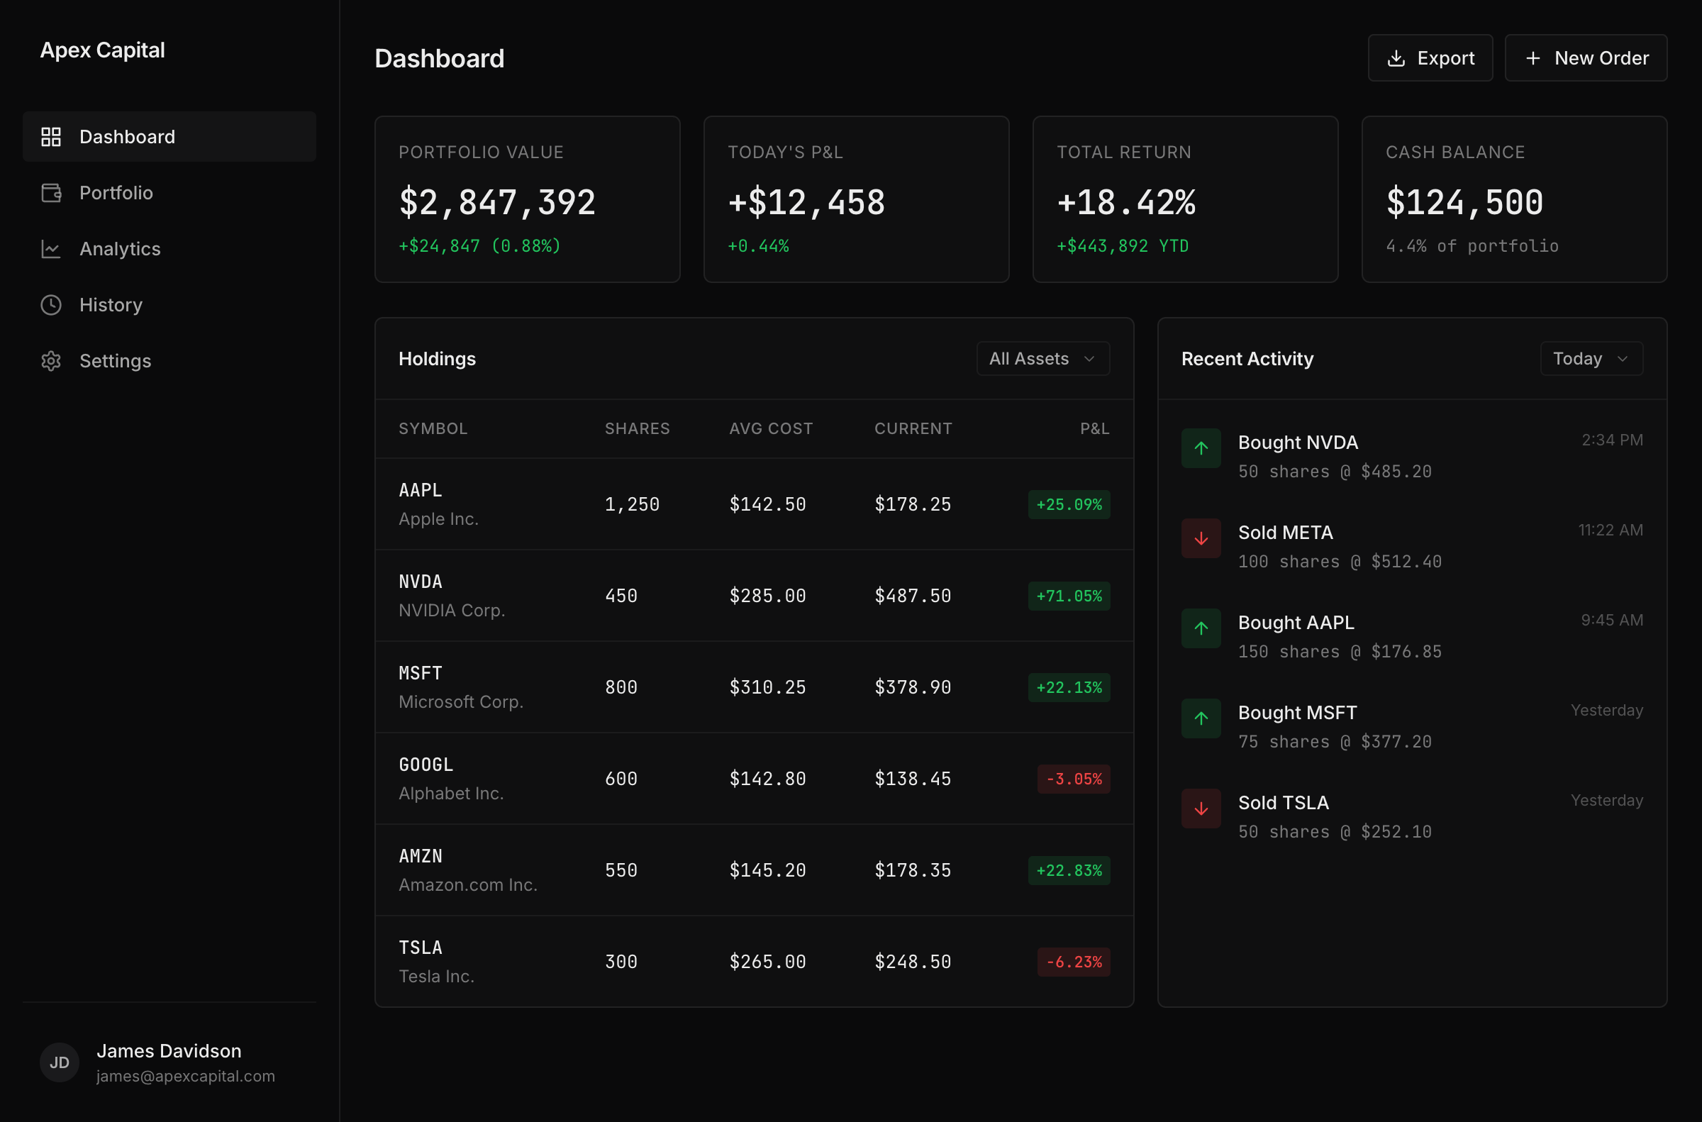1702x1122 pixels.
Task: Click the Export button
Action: [x=1430, y=58]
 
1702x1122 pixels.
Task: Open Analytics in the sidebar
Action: [x=120, y=249]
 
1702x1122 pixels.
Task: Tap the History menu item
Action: [x=111, y=305]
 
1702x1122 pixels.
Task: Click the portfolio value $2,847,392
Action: [x=497, y=203]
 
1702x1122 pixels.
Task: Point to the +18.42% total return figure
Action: [x=1126, y=203]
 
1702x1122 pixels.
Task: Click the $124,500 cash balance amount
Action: [x=1464, y=203]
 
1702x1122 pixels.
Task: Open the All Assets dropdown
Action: [x=1042, y=358]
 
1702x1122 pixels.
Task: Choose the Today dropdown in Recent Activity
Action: [x=1591, y=358]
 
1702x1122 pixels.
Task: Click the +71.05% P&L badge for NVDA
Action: [x=1068, y=596]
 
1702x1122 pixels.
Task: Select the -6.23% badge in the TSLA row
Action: [x=1073, y=962]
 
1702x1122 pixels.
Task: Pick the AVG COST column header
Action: [x=771, y=428]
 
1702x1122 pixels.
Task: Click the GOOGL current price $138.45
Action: [x=912, y=779]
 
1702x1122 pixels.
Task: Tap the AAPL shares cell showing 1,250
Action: [x=632, y=504]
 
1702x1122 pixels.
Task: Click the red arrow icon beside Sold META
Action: [x=1201, y=538]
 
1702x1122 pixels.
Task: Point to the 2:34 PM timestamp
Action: [x=1611, y=440]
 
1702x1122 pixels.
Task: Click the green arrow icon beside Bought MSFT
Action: [x=1201, y=718]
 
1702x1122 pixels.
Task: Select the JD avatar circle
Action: [x=60, y=1062]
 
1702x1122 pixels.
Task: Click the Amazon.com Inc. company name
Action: [x=467, y=885]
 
